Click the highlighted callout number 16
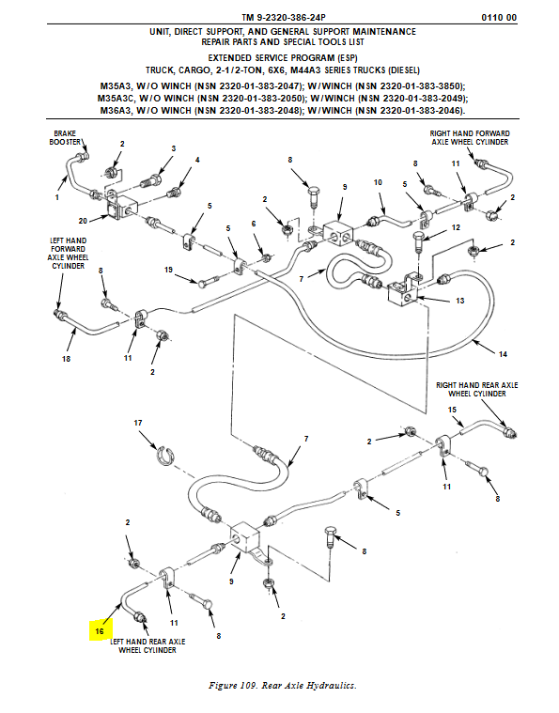(100, 631)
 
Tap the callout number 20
(83, 221)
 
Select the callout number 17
(138, 423)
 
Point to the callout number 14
(503, 354)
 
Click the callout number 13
(459, 301)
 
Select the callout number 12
(456, 227)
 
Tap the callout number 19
(168, 270)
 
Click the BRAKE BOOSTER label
(65, 138)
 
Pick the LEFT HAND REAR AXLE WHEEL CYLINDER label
(148, 645)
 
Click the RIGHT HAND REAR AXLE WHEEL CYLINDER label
(476, 389)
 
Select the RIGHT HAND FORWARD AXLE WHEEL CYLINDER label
(470, 138)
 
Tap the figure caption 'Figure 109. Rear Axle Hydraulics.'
(283, 685)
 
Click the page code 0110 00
(499, 18)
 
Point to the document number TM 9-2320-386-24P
(284, 18)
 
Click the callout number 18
(66, 359)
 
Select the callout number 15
(452, 410)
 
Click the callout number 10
(378, 182)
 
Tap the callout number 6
(254, 224)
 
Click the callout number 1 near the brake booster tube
(57, 197)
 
